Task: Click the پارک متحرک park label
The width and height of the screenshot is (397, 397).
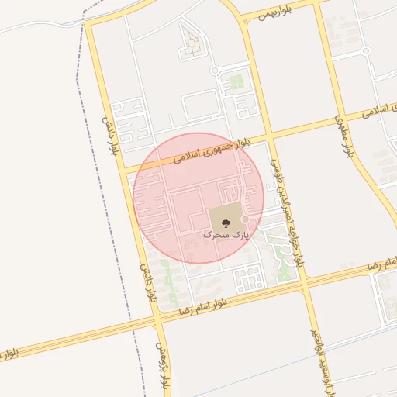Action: (227, 233)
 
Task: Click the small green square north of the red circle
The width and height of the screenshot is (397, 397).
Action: (236, 82)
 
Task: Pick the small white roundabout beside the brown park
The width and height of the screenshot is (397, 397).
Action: (245, 219)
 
